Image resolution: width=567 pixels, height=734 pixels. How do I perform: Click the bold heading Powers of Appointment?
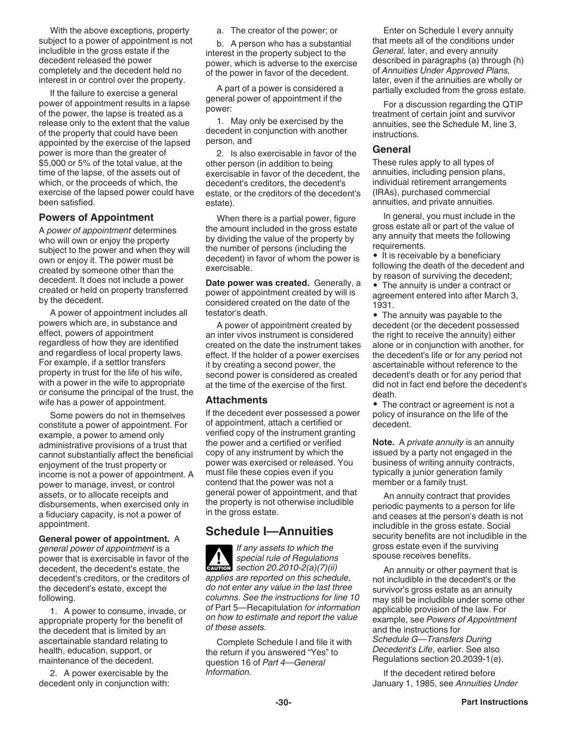96,218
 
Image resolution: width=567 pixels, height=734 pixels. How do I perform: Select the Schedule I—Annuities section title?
269,531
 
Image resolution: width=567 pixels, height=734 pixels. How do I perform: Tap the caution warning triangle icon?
218,559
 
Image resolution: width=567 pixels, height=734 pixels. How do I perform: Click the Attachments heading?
236,400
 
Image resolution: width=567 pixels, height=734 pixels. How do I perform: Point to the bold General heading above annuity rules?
392,149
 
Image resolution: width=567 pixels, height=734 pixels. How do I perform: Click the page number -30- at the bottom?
283,702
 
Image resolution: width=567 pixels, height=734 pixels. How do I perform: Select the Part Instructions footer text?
494,702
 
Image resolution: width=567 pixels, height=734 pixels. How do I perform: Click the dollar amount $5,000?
53,163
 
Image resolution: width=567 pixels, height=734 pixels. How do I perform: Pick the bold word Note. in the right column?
383,442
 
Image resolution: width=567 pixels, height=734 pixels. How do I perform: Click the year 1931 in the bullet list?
382,305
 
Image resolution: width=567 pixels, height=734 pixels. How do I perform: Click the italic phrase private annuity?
435,442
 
